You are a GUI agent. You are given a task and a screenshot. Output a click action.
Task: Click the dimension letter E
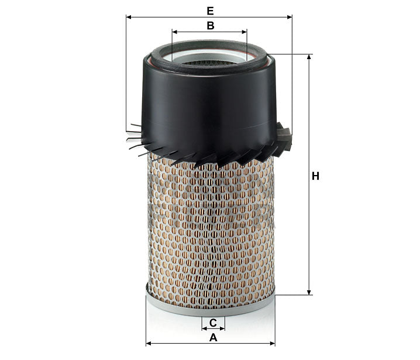pos(210,11)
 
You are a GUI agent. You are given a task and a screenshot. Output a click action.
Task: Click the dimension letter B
pos(210,25)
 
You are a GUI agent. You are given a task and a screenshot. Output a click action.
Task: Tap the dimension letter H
pos(315,176)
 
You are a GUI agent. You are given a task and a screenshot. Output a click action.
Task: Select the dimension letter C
pos(213,323)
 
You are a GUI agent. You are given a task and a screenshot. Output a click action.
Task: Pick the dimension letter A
pos(213,338)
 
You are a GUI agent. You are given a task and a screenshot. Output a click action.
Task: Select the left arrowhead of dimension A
pos(148,344)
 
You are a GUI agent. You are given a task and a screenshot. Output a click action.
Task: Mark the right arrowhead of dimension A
pos(273,344)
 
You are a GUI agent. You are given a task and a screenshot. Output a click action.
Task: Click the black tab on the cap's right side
pos(285,138)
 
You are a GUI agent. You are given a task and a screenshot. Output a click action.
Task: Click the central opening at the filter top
pos(210,59)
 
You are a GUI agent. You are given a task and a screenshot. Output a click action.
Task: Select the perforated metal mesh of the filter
pos(210,228)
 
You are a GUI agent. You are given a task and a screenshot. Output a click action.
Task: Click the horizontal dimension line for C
pos(213,329)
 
